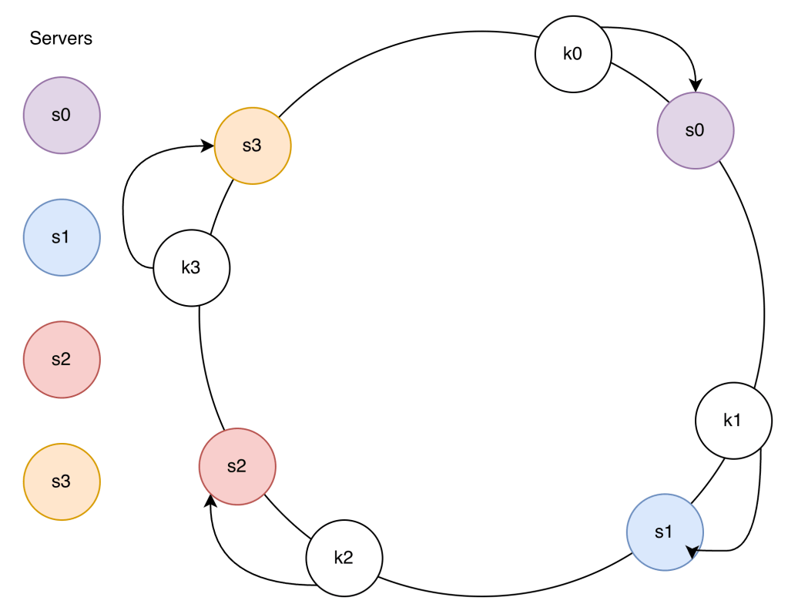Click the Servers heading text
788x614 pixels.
pyautogui.click(x=61, y=38)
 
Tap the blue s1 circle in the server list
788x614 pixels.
pyautogui.click(x=62, y=237)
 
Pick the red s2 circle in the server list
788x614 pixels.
pyautogui.click(x=62, y=360)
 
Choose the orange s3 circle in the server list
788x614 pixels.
pyautogui.click(x=62, y=482)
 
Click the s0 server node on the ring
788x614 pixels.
pyautogui.click(x=695, y=130)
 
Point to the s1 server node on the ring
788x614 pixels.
pyautogui.click(x=664, y=532)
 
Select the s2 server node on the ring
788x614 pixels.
pyautogui.click(x=236, y=467)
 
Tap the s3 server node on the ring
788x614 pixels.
pyautogui.click(x=252, y=146)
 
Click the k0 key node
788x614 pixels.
pyautogui.click(x=573, y=55)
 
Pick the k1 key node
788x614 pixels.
pyautogui.click(x=733, y=421)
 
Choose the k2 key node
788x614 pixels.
pyautogui.click(x=344, y=559)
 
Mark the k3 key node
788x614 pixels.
pyautogui.click(x=191, y=268)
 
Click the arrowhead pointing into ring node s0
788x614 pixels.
pyautogui.click(x=696, y=86)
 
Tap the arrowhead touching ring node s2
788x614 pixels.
pyautogui.click(x=210, y=502)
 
